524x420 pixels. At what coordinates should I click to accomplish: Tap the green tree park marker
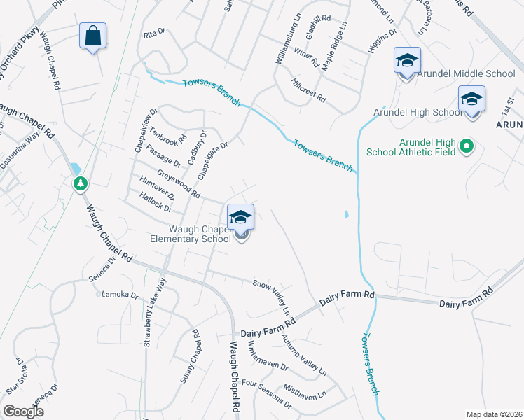pyautogui.click(x=81, y=183)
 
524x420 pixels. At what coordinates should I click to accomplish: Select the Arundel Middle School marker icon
pyautogui.click(x=406, y=62)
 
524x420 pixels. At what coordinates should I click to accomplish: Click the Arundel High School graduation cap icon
pyautogui.click(x=471, y=100)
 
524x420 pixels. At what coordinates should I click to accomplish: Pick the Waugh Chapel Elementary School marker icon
pyautogui.click(x=240, y=218)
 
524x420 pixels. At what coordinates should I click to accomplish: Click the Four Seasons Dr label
pyautogui.click(x=266, y=393)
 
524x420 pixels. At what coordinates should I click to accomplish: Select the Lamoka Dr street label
pyautogui.click(x=120, y=295)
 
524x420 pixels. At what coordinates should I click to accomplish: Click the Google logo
pyautogui.click(x=23, y=412)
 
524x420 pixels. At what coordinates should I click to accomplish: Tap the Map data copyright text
pyautogui.click(x=494, y=414)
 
